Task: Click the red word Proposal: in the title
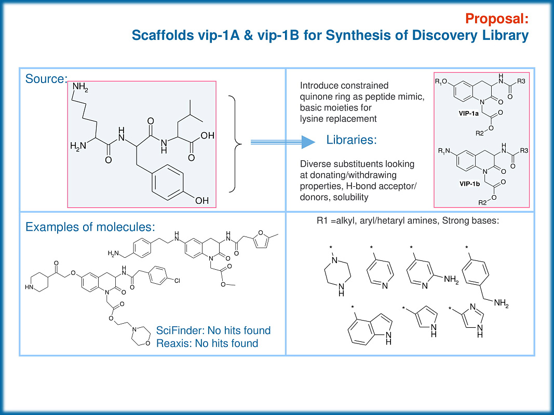[497, 19]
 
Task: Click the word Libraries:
[352, 140]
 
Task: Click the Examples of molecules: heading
[91, 227]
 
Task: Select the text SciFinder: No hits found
[213, 330]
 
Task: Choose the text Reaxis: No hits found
[207, 343]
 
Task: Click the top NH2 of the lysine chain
[80, 88]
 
